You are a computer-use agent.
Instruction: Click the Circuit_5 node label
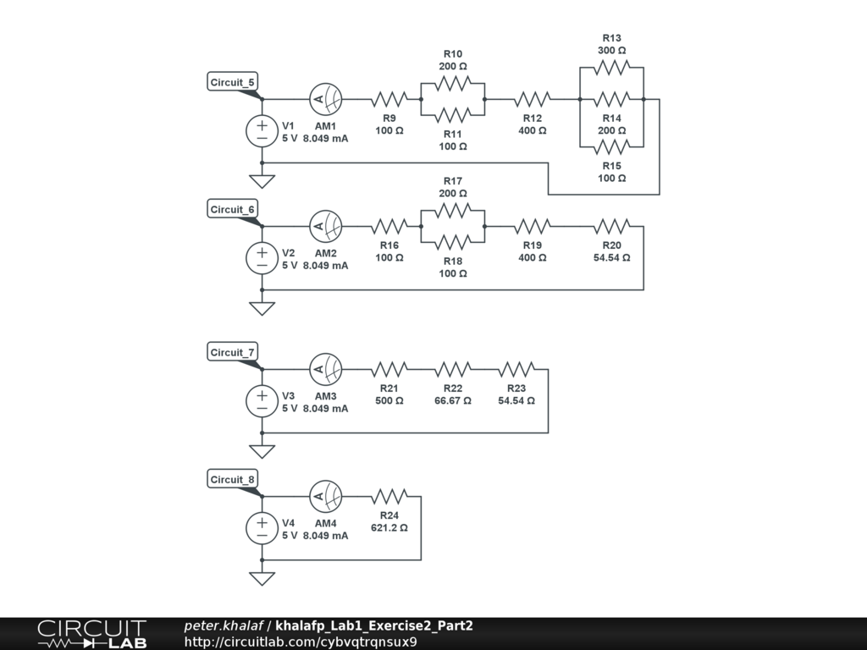232,82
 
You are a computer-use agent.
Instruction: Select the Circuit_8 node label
232,480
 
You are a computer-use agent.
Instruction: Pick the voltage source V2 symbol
262,259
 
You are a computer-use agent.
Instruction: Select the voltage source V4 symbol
262,529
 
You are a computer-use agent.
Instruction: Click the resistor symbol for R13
611,68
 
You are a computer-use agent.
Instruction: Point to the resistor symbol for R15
611,147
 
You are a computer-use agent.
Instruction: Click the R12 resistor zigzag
533,100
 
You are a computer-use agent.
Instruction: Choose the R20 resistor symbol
611,227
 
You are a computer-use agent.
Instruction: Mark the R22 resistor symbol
453,370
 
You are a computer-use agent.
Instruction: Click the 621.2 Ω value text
389,527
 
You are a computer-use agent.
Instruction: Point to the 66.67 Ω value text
453,400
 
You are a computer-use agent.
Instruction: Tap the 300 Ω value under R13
611,51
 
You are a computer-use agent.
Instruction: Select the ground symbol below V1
262,180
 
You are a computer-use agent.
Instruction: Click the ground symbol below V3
262,450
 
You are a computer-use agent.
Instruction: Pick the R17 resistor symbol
453,211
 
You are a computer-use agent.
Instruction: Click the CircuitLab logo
91,634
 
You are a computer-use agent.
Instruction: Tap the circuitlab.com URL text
301,641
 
